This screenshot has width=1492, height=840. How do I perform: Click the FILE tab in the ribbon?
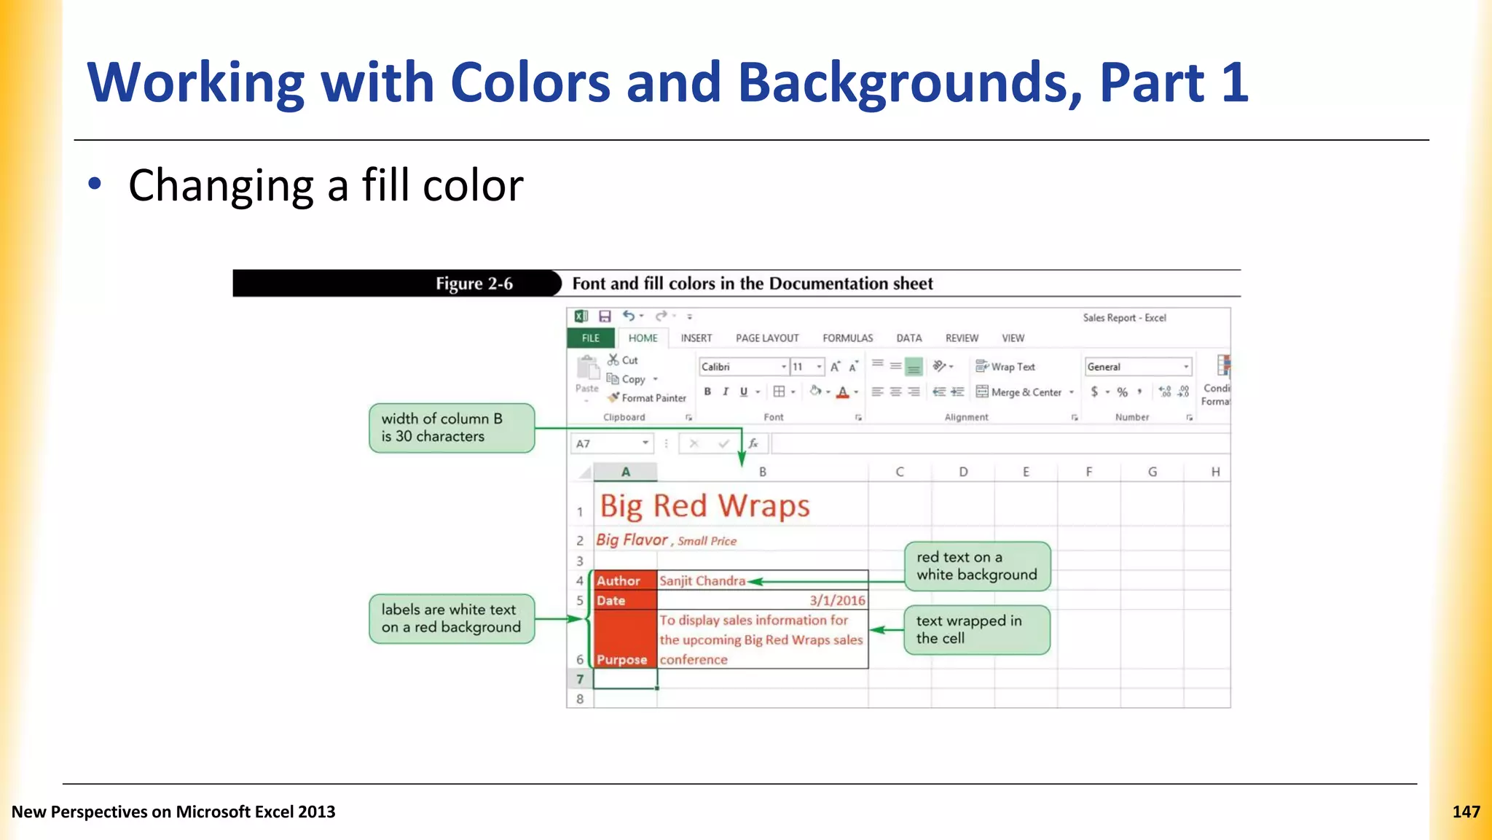tap(591, 338)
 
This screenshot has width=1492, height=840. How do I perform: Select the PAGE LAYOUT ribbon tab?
tap(767, 338)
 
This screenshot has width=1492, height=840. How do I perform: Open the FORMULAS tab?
tap(847, 338)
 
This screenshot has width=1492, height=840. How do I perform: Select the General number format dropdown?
tap(1136, 367)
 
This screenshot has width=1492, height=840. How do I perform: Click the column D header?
tap(963, 472)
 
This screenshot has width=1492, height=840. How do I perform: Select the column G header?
tap(1153, 472)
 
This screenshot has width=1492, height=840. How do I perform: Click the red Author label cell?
tap(625, 580)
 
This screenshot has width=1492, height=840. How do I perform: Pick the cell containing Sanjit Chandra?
tap(762, 580)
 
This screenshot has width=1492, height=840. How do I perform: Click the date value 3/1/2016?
tap(837, 600)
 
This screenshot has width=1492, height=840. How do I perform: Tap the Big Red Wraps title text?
tap(704, 506)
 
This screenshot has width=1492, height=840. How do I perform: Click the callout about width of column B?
tap(452, 428)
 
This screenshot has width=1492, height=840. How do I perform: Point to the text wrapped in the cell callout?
tap(976, 629)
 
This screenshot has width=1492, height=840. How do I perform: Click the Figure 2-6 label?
tap(474, 284)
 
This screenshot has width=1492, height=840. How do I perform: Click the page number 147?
tap(1466, 812)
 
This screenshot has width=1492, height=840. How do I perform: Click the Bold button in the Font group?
tap(707, 392)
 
